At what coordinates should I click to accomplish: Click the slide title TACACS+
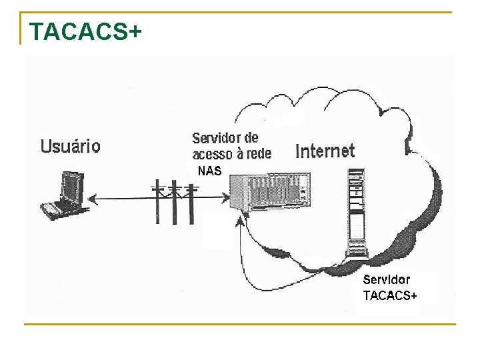85,31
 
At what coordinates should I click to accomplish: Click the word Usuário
71,146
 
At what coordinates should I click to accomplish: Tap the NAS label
209,171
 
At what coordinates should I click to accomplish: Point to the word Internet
325,151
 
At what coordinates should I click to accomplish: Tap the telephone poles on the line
175,200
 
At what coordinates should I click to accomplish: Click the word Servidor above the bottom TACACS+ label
387,280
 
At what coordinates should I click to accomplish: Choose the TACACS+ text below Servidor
390,295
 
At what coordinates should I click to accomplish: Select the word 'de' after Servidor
251,139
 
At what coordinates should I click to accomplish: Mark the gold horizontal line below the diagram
240,325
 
